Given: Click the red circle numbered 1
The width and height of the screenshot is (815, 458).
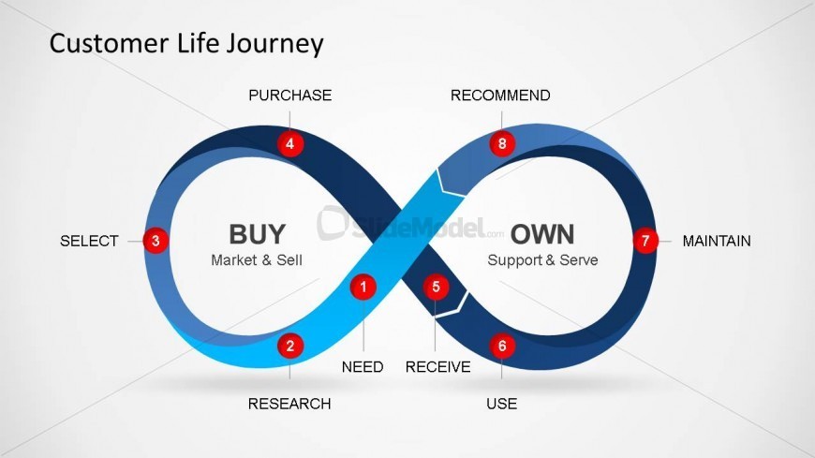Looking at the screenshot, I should coord(363,287).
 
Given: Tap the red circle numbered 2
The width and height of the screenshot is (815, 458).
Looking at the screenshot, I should coord(290,346).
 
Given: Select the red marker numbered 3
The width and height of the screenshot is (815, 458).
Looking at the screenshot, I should coord(156,241).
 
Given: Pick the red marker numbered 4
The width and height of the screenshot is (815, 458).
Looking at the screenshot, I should coord(290,144).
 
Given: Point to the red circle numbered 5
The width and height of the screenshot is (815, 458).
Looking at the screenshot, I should coord(436,287).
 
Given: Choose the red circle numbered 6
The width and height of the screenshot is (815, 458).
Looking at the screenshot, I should coord(502,346).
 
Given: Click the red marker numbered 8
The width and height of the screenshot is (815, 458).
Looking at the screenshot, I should coord(502,144).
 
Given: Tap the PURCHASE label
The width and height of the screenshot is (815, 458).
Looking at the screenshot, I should coord(289,96).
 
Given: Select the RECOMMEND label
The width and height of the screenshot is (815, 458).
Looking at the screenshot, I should coord(500,96).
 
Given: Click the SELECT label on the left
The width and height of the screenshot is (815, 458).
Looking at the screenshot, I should coord(89,241).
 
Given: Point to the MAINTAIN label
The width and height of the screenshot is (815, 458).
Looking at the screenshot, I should coord(717,241).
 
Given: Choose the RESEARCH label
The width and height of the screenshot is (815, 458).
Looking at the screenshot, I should coord(289,404).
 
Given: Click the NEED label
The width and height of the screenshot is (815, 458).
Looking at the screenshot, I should coord(363,367).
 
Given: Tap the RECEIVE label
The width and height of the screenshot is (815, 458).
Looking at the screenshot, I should coord(437,367).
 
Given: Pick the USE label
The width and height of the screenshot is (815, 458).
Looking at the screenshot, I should coord(501,404).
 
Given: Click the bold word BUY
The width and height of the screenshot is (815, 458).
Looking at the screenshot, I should coord(257,233).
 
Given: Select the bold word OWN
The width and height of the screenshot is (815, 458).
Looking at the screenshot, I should coord(542,233).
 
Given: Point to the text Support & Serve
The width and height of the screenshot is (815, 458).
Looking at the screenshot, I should coord(542,259).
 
